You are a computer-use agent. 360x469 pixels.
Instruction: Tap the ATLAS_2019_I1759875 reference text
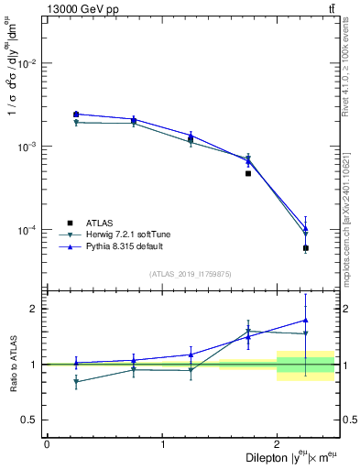click(x=191, y=274)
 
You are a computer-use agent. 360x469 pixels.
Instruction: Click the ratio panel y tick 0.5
click(x=32, y=420)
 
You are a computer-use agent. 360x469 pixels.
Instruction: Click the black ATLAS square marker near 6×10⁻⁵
click(x=306, y=248)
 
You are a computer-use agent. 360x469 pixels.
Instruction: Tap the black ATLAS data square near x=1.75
click(x=248, y=173)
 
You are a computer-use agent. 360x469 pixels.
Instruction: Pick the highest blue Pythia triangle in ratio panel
click(x=306, y=320)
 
